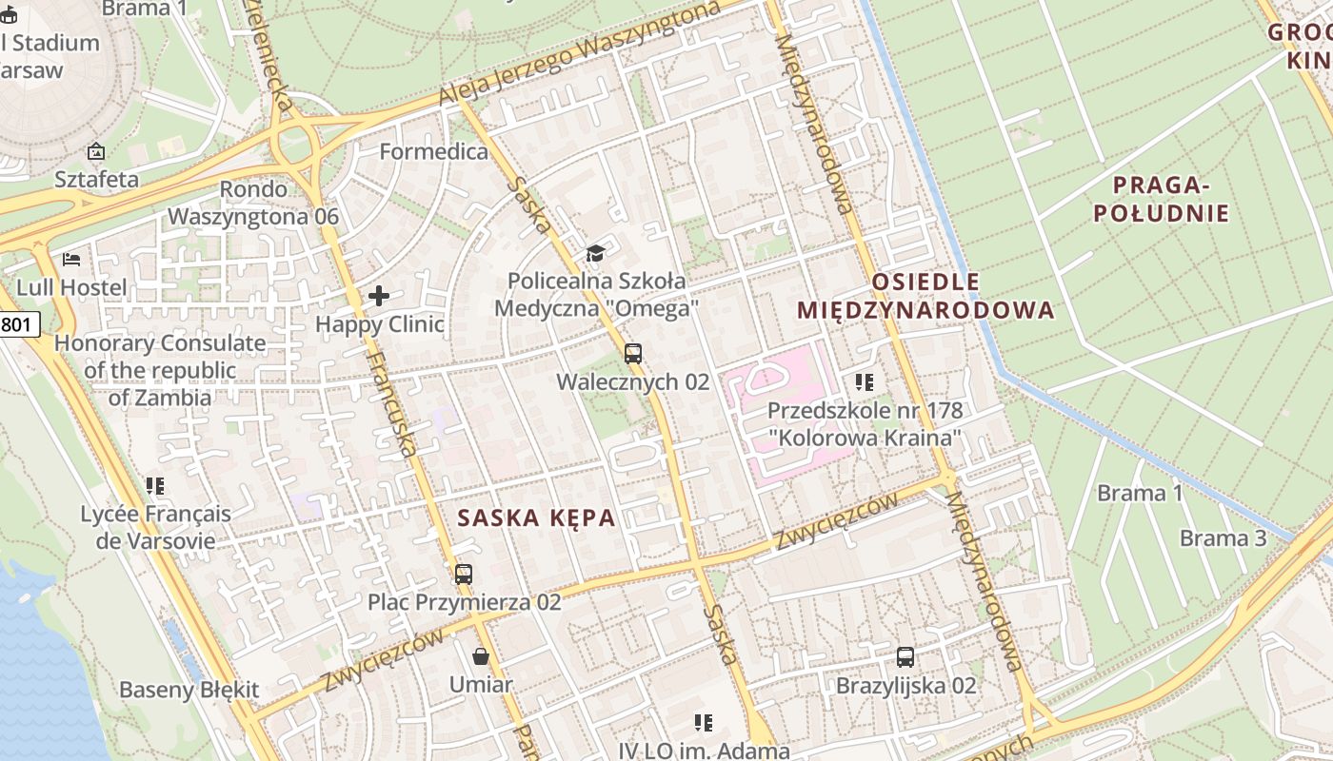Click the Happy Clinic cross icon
(x=379, y=296)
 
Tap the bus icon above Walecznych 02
(x=633, y=354)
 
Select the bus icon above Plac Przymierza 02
(x=464, y=574)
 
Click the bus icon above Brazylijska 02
(x=905, y=656)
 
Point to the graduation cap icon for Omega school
(x=596, y=253)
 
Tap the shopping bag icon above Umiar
(x=482, y=656)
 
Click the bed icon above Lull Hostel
(x=71, y=259)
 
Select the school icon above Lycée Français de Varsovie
(x=155, y=486)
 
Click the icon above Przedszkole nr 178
(x=865, y=382)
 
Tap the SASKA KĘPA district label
(x=536, y=518)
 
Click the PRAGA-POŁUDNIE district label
(x=1161, y=199)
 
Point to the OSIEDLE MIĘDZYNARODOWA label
(x=925, y=296)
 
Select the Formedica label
(x=433, y=151)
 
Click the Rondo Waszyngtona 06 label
(x=253, y=203)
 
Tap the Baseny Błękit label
(x=189, y=690)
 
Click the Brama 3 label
(x=1223, y=538)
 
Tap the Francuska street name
(x=391, y=403)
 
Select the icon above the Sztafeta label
(x=96, y=151)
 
